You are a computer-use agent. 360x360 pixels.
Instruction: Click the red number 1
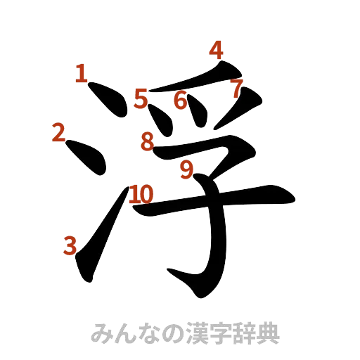81,72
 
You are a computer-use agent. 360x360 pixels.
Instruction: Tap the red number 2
59,131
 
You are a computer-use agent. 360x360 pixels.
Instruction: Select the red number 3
70,246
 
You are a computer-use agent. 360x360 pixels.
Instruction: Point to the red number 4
217,51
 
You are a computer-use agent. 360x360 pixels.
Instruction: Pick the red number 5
142,99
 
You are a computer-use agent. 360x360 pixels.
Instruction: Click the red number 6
181,101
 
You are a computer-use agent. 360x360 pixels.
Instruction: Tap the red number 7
236,88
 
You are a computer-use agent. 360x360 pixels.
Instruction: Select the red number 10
141,193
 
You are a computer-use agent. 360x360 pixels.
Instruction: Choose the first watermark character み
103,332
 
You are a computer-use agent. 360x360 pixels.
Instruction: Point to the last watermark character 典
270,332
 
